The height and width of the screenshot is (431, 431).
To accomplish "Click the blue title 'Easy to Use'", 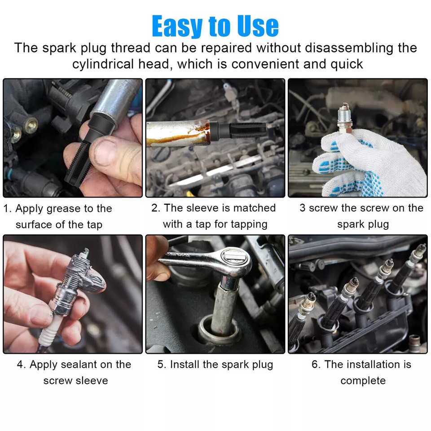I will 215,26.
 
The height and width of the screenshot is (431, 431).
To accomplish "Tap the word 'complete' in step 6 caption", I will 363,381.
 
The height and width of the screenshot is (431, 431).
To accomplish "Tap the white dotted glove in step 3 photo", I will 368,166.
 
